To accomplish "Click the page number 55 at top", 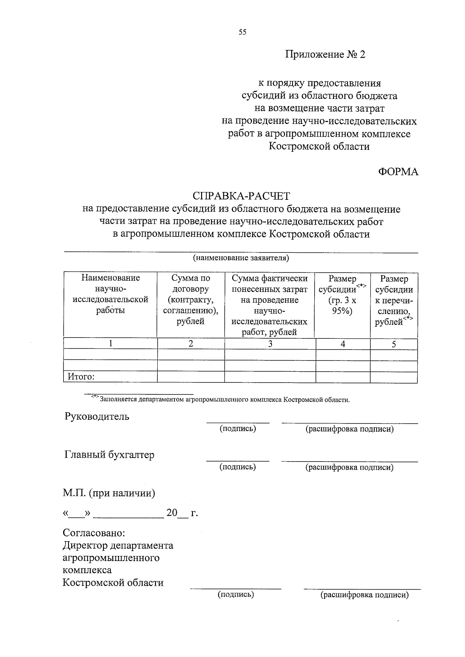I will (242, 33).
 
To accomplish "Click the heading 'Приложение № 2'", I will (325, 55).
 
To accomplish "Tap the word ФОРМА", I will (398, 172).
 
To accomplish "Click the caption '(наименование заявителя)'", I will (241, 258).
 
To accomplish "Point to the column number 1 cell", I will (111, 343).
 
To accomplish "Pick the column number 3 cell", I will (270, 344).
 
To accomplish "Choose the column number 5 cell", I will (394, 344).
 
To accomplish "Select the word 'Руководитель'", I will (96, 417).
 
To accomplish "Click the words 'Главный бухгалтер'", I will (109, 455).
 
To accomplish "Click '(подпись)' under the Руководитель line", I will (238, 429).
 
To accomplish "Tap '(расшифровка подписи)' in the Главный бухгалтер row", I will (350, 467).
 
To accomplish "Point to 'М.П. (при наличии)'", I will (109, 493).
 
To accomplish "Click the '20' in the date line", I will (172, 513).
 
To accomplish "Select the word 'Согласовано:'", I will (94, 533).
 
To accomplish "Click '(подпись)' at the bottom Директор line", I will (236, 594).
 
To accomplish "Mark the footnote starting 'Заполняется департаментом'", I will (224, 400).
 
